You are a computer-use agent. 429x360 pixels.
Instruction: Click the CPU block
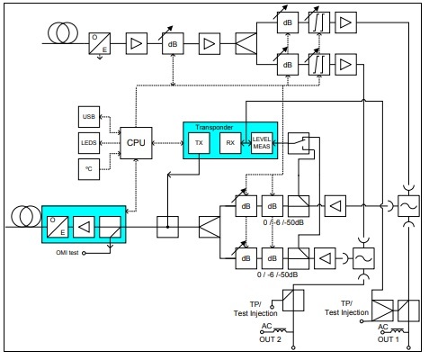point(136,143)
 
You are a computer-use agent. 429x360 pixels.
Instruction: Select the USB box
point(89,117)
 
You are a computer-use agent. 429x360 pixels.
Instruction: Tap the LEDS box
point(89,143)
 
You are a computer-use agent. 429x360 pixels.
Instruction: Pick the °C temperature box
point(89,169)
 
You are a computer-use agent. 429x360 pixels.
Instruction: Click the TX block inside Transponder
point(199,143)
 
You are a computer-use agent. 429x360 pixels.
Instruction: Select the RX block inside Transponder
point(230,143)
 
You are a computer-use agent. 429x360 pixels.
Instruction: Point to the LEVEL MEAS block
point(262,143)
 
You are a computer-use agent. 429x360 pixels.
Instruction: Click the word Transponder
point(214,127)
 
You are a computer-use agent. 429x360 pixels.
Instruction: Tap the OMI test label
point(67,253)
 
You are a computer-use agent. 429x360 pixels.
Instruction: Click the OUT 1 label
point(389,339)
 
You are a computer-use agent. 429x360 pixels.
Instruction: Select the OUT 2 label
point(270,339)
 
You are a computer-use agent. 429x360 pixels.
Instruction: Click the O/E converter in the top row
point(100,43)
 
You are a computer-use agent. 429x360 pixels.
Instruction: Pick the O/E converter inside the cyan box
point(58,227)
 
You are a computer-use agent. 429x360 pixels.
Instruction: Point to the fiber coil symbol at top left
point(63,32)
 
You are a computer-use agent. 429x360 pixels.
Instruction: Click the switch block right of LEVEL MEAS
point(299,143)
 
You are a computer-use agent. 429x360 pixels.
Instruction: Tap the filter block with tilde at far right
point(408,206)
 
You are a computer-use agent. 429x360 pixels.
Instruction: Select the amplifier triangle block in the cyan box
point(84,227)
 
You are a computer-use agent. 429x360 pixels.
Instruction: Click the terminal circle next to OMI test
point(84,253)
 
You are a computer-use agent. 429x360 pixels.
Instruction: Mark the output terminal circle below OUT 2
point(293,347)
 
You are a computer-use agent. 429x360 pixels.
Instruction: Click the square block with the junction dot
point(167,227)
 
